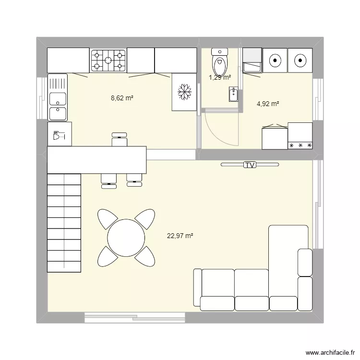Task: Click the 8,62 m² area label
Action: click(x=122, y=98)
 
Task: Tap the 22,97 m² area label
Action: click(x=180, y=236)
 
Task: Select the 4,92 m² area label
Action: click(x=268, y=103)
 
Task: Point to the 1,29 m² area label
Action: click(x=219, y=77)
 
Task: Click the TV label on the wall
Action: click(x=250, y=165)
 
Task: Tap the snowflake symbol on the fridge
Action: click(x=184, y=92)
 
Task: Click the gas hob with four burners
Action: click(x=108, y=60)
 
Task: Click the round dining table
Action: click(x=126, y=238)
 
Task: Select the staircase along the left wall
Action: click(x=64, y=222)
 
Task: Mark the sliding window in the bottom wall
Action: click(x=135, y=317)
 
